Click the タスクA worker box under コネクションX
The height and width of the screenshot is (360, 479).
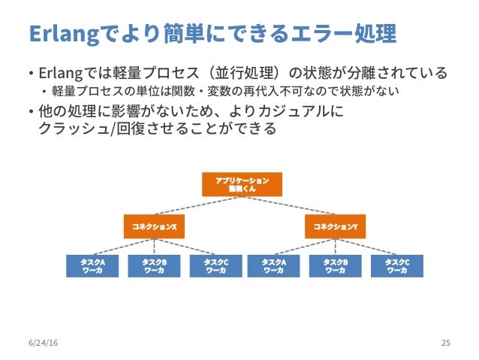click(92, 266)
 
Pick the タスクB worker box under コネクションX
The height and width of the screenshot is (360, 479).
click(154, 266)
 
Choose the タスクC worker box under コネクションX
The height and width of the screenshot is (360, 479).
click(215, 266)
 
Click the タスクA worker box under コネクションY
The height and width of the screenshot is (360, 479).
click(273, 266)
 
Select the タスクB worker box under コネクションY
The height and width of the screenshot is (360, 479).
click(335, 266)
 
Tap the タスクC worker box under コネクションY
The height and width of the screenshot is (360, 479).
click(396, 266)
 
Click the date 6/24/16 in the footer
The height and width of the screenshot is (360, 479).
click(43, 343)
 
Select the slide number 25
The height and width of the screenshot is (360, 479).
click(445, 343)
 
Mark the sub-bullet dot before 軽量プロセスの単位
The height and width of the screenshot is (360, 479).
click(44, 92)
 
